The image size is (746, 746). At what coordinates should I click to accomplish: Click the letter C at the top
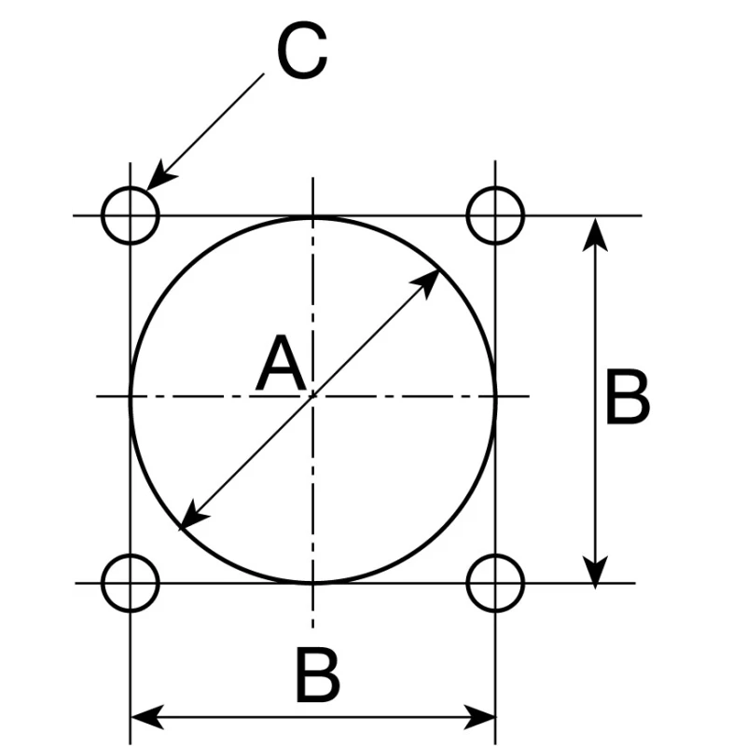[x=302, y=50]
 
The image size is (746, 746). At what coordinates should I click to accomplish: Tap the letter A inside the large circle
[x=281, y=363]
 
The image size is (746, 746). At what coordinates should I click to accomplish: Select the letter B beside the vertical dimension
[x=628, y=397]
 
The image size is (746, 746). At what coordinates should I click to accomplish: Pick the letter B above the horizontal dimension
[x=318, y=674]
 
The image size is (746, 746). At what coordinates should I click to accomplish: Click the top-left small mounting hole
[x=131, y=187]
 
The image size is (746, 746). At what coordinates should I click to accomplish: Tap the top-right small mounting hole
[x=495, y=187]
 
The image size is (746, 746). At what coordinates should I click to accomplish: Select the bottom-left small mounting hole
[x=131, y=555]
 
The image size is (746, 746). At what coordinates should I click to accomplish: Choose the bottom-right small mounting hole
[x=495, y=555]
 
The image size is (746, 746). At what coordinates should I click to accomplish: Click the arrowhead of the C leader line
[x=146, y=190]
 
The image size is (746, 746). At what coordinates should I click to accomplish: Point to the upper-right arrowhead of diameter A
[x=438, y=269]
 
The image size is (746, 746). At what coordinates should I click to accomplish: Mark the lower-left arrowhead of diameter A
[x=180, y=529]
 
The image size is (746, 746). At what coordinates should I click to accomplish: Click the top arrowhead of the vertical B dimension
[x=595, y=218]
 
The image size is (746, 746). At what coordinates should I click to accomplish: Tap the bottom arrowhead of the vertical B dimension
[x=595, y=588]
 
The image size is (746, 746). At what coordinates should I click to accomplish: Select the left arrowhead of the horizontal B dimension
[x=131, y=716]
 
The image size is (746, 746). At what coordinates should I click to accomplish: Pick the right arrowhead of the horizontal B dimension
[x=495, y=716]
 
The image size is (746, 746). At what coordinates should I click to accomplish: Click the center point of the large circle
[x=313, y=395]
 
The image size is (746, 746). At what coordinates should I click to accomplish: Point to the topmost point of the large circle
[x=313, y=217]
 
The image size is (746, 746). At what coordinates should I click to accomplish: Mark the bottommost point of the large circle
[x=313, y=581]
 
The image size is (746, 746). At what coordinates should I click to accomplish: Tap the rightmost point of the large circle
[x=496, y=395]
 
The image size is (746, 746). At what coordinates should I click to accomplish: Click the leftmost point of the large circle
[x=131, y=395]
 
